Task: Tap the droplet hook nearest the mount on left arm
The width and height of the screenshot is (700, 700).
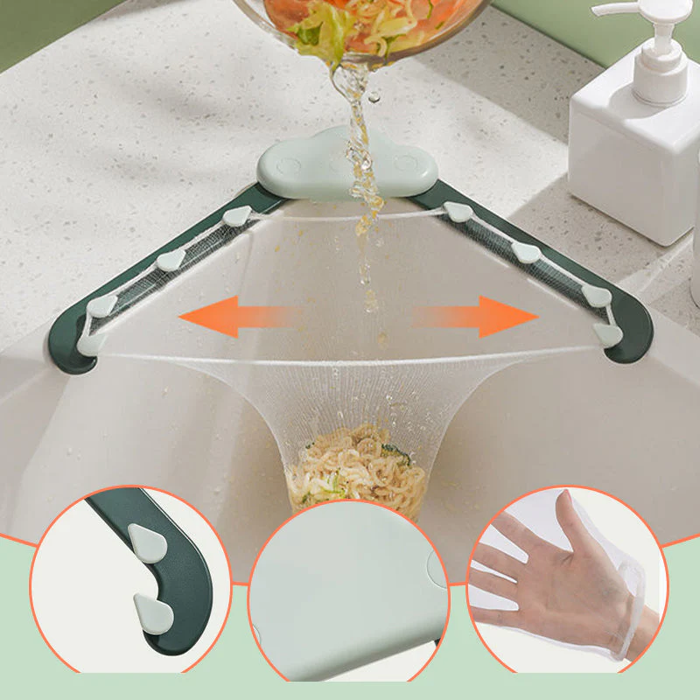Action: pyautogui.click(x=239, y=217)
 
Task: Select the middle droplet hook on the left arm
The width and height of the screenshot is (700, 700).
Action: pyautogui.click(x=171, y=259)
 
